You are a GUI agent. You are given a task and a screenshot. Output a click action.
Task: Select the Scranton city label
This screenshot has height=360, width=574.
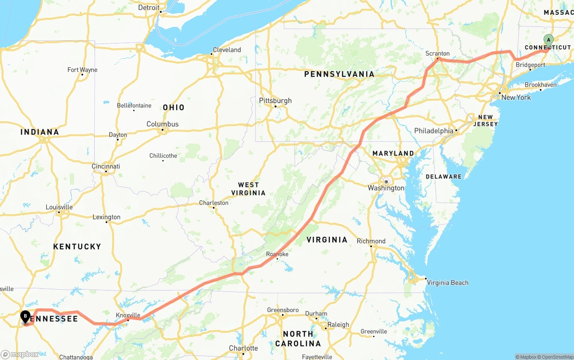437,54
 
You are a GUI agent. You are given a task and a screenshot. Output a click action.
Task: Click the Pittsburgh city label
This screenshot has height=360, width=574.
275,101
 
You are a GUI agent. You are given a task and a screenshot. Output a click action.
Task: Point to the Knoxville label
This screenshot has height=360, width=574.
128,315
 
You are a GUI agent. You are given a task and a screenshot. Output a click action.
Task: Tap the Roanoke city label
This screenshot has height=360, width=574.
277,254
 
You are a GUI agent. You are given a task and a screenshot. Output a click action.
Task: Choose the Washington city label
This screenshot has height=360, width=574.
386,188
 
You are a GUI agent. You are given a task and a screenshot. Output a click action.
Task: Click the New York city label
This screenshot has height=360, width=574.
516,97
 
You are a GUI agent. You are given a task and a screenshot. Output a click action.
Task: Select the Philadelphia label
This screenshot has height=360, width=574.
434,131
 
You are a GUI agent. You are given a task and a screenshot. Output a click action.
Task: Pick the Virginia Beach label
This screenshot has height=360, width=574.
448,282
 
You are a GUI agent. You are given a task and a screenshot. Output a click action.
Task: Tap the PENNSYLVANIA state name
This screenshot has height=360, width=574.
339,74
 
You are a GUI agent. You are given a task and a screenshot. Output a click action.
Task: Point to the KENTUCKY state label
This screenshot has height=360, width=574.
77,247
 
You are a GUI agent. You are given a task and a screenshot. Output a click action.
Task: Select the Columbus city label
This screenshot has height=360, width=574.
162,124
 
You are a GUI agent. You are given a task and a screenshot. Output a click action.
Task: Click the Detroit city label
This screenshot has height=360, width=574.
149,8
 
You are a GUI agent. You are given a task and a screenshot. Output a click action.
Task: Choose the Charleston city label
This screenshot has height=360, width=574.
214,203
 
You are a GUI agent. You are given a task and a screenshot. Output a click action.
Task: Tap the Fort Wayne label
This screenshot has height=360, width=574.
83,70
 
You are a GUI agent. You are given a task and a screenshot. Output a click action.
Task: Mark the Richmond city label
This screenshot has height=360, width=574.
371,241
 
